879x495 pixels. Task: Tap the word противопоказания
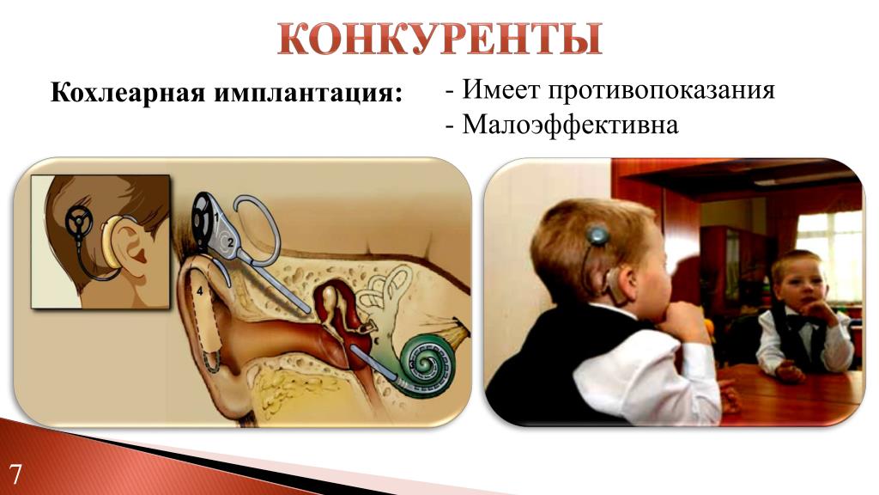coord(661,89)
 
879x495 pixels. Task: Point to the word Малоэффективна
coord(570,124)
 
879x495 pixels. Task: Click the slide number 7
coord(15,474)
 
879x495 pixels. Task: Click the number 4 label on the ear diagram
coord(199,291)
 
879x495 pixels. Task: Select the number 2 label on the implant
coord(229,242)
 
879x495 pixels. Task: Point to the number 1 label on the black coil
coord(215,216)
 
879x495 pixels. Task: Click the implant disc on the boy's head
coord(597,234)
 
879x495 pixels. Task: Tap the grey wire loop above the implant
coord(257,226)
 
